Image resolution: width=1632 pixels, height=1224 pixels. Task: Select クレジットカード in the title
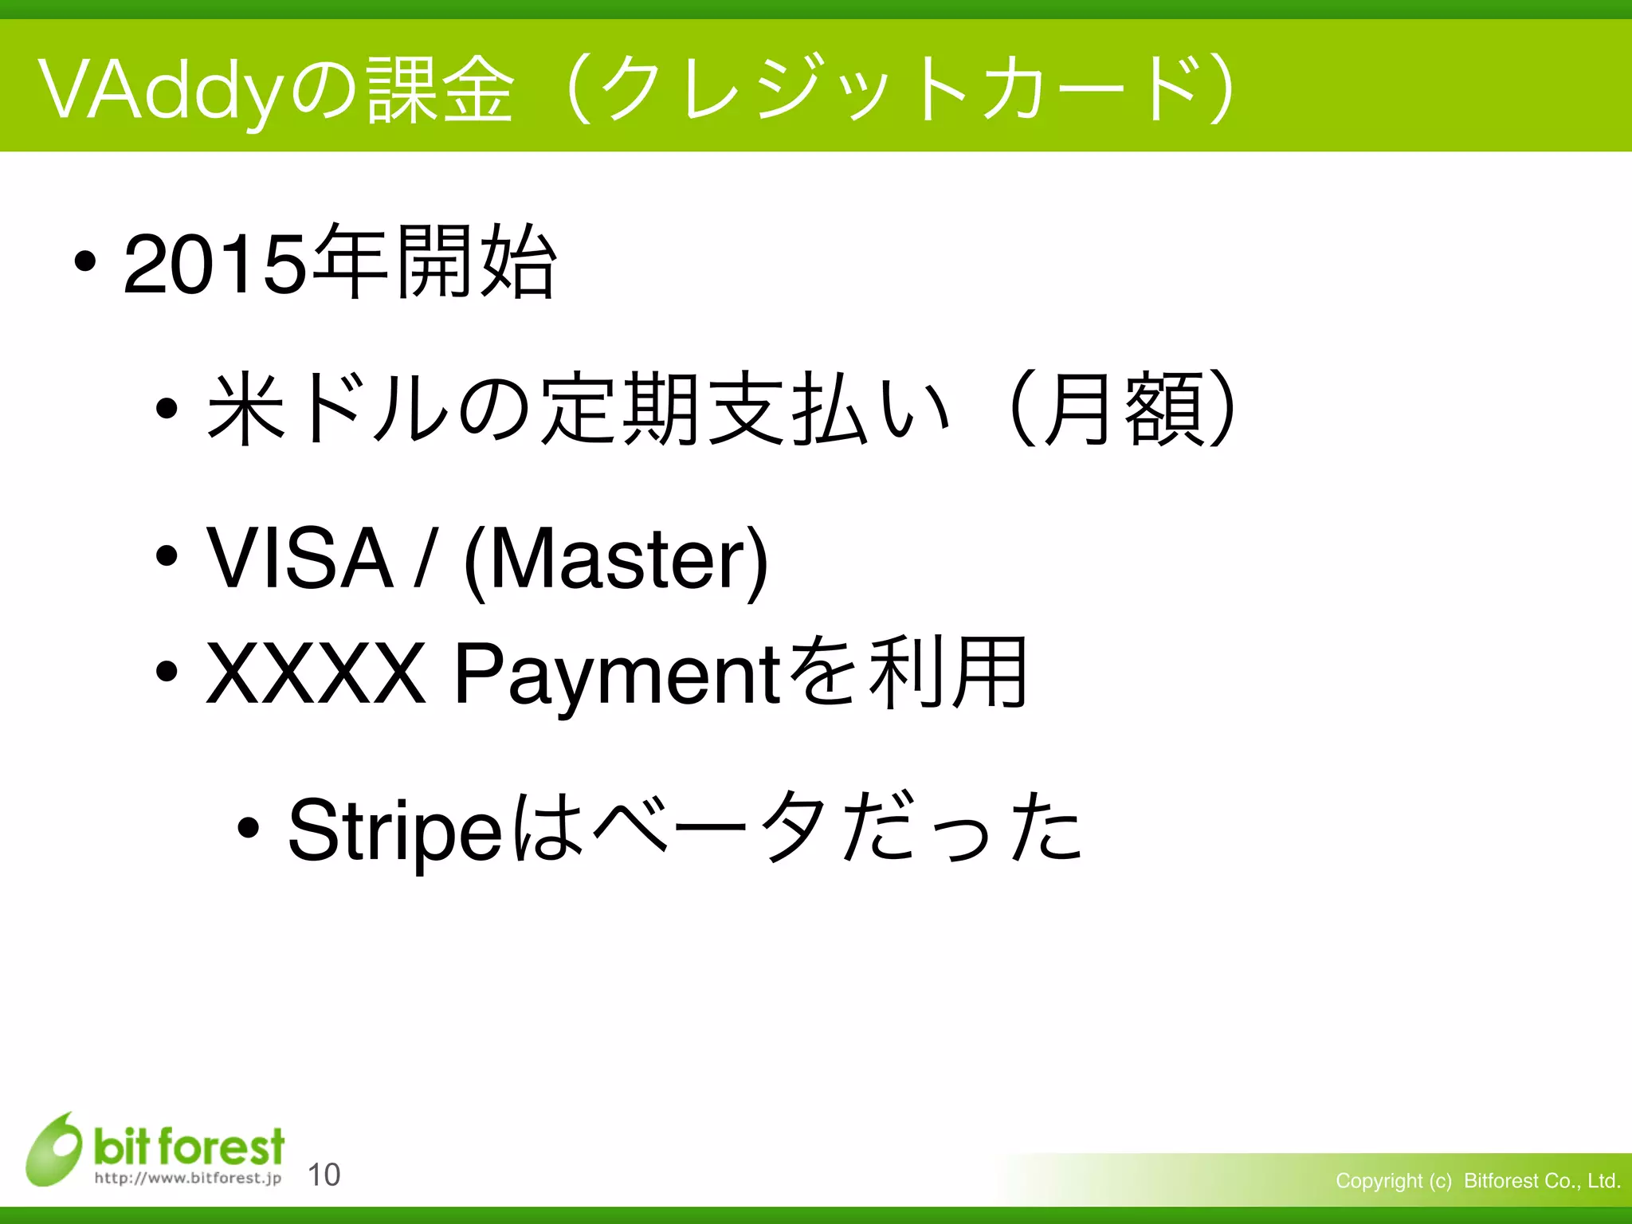900,90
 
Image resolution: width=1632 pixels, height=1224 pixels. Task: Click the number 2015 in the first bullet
215,265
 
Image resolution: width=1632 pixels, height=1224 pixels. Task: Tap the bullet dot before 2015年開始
84,261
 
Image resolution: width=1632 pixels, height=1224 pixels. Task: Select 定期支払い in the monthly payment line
745,409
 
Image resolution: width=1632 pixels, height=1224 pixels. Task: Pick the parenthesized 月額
1124,409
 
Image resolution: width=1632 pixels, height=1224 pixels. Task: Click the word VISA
300,559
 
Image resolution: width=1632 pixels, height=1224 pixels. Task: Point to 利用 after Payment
948,673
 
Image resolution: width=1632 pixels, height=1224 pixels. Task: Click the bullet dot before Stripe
249,829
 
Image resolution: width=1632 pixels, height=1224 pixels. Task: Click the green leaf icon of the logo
54,1150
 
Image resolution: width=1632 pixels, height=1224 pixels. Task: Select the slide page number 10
324,1175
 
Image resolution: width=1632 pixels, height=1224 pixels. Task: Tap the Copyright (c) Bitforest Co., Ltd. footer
1478,1181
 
